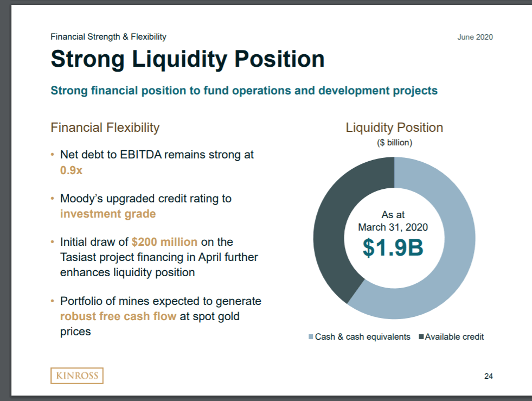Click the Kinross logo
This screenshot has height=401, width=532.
[x=77, y=375]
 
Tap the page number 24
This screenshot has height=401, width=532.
[x=488, y=376]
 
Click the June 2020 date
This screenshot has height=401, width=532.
[x=475, y=37]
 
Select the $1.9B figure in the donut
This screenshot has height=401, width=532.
[x=393, y=247]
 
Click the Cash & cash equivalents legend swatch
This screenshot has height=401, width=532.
[x=311, y=337]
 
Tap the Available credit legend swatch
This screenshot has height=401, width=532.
[x=421, y=337]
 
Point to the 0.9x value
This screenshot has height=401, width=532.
[x=71, y=170]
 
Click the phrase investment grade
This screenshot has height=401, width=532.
[x=108, y=214]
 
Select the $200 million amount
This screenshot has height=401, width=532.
[x=164, y=242]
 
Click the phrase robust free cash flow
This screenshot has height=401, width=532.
[x=118, y=316]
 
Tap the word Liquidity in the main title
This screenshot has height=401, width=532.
[x=180, y=60]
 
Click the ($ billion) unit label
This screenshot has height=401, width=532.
[x=394, y=143]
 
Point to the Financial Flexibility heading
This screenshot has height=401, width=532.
[x=105, y=128]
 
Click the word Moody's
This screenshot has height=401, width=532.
[x=81, y=198]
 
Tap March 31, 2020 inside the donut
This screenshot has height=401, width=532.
[x=393, y=227]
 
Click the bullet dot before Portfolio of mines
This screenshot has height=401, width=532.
[x=52, y=301]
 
